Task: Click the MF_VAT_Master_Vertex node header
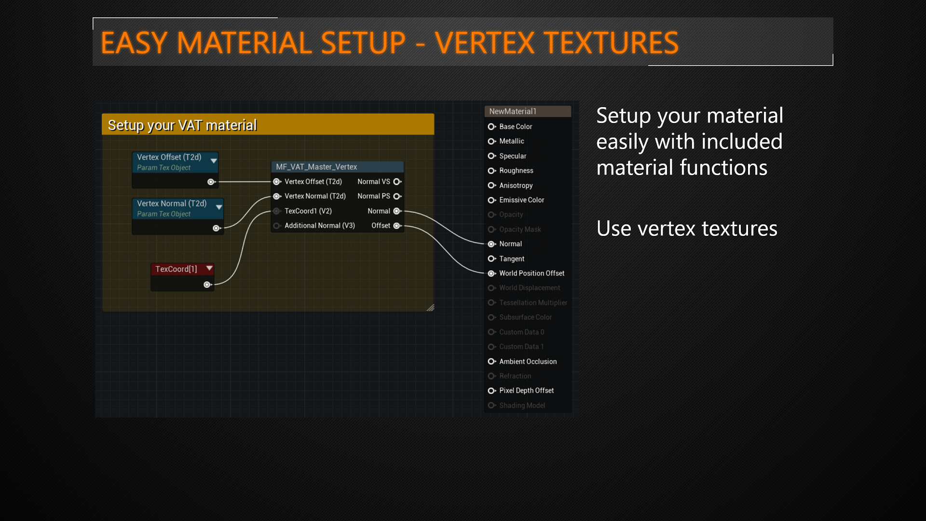pos(316,167)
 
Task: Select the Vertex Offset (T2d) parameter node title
pos(169,157)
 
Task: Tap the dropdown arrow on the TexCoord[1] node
pos(209,268)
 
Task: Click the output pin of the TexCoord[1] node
pos(207,285)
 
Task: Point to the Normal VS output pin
pos(397,182)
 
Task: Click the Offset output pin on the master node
pos(397,226)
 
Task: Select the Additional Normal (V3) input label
pos(319,226)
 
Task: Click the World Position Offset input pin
pos(491,274)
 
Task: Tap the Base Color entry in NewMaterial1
pos(515,127)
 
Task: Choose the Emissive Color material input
pos(521,200)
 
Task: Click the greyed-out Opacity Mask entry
pos(519,230)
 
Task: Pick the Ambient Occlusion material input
pos(528,362)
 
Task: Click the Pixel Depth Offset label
pos(526,391)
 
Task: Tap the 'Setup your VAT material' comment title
pos(182,125)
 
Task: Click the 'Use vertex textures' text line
pos(686,229)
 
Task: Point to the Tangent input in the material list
pos(511,259)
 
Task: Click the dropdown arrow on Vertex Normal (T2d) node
pos(219,207)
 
